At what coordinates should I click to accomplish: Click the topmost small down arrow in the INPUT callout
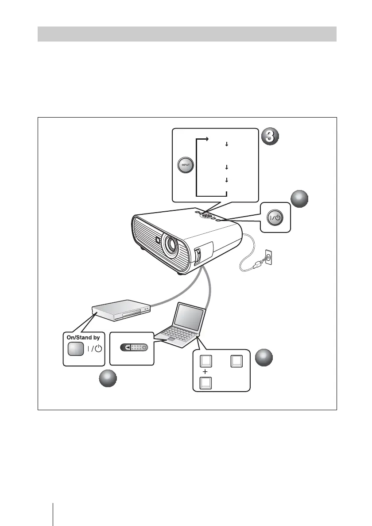click(x=226, y=144)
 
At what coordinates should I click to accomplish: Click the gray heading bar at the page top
click(x=187, y=34)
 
